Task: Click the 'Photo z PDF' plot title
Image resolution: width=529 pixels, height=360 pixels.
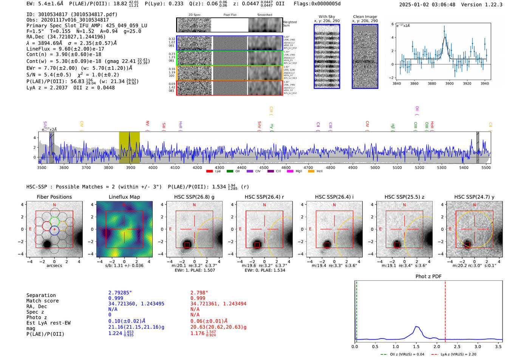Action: pos(428,276)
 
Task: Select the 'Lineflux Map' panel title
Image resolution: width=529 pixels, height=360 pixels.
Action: pos(124,197)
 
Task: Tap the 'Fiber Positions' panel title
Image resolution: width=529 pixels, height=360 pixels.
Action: pos(54,197)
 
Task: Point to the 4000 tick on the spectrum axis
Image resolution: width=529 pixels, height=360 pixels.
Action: pos(153,167)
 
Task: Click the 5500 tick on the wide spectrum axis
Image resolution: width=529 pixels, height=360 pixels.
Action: pos(486,167)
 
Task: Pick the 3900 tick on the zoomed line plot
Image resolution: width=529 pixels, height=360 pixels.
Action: pos(449,83)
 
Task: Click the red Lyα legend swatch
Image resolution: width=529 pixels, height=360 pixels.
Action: pos(209,172)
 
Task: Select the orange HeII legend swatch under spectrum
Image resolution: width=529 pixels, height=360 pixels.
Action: pos(311,172)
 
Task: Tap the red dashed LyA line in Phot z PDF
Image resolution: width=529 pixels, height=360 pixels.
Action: pos(445,310)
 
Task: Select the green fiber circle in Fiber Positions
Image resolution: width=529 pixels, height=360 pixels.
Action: pos(54,221)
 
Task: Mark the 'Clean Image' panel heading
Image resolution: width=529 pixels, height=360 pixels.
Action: pos(365,17)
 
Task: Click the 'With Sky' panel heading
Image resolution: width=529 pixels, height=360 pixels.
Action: pos(326,17)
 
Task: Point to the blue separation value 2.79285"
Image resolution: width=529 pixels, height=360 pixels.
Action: pos(120,293)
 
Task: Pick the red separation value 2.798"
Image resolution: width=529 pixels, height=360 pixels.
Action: pos(199,293)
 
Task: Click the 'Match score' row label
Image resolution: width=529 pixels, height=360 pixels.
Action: pos(42,301)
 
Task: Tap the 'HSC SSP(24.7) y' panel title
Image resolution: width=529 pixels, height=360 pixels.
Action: pos(474,197)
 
